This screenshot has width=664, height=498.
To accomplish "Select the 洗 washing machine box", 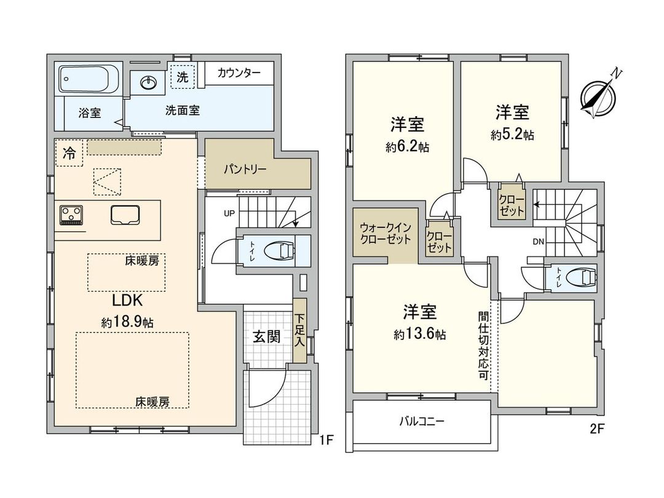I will [182, 77].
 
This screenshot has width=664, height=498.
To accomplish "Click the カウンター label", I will [239, 74].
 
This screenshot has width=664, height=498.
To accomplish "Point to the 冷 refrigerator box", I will [69, 154].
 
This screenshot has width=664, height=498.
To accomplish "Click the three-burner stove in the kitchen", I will [71, 215].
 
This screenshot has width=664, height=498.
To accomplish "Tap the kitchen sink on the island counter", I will [125, 215].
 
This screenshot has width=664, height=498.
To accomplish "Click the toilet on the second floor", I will [578, 278].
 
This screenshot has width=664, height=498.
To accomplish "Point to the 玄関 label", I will [267, 336].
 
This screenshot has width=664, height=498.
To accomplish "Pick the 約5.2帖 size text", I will [512, 135].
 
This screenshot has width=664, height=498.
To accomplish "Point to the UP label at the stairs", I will [229, 214].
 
